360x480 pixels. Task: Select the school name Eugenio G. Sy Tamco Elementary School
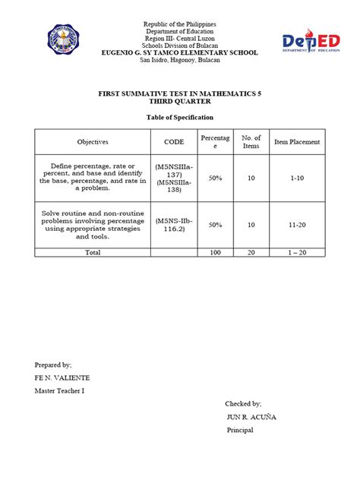click(180, 52)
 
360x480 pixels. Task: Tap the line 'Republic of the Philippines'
click(180, 25)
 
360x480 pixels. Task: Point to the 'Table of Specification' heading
click(180, 118)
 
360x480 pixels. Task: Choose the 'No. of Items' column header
click(251, 142)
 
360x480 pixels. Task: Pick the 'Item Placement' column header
click(297, 142)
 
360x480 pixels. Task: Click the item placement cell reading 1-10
click(297, 177)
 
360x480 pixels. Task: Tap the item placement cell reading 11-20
click(297, 225)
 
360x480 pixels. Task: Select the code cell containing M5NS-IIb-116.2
click(174, 225)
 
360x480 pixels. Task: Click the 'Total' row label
click(93, 251)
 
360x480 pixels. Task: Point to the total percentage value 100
click(215, 251)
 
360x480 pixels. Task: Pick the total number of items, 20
click(251, 251)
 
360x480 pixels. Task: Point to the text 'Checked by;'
click(243, 403)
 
